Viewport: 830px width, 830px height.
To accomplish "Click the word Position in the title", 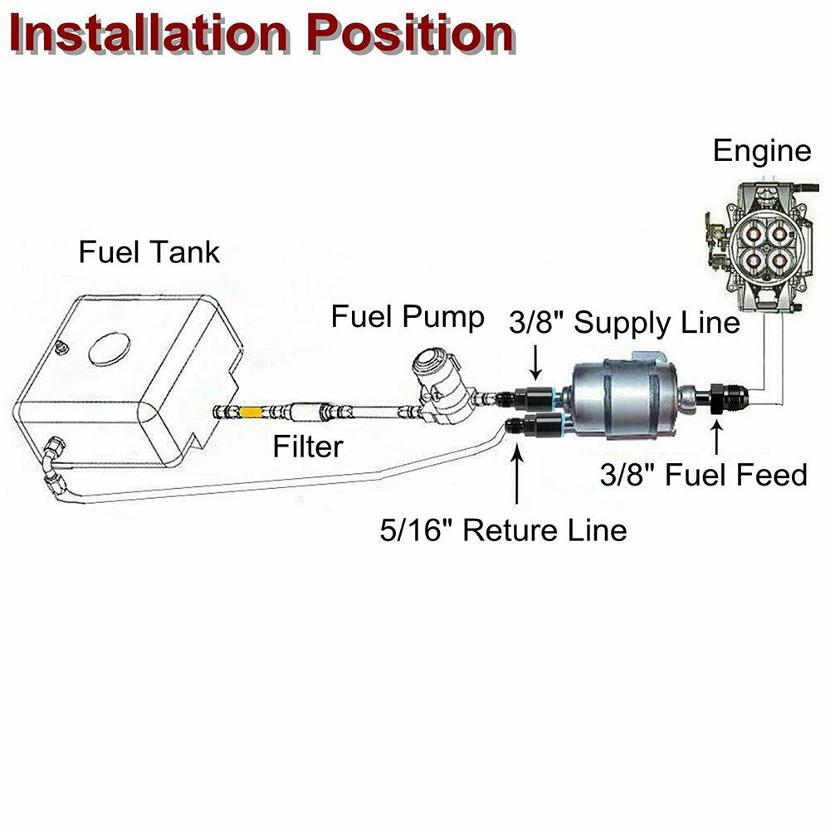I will pos(412,35).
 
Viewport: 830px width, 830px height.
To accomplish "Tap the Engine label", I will pos(761,151).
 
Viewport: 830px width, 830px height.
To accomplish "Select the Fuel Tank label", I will pos(149,251).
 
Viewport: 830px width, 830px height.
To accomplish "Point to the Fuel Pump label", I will pos(408,317).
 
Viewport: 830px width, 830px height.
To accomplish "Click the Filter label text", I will pos(308,447).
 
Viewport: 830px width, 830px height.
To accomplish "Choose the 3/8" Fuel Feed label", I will pos(704,475).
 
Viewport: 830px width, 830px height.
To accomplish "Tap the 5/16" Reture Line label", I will pos(503,530).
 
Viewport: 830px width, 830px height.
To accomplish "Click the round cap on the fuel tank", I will pos(109,349).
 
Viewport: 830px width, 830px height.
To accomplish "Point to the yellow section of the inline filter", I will pos(248,410).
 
